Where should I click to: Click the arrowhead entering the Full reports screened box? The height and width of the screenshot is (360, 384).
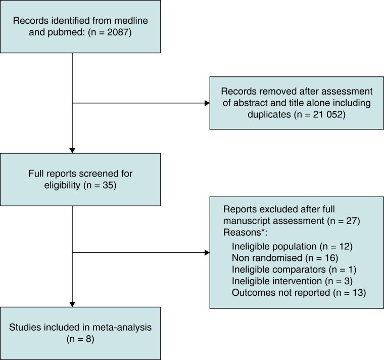pyautogui.click(x=73, y=150)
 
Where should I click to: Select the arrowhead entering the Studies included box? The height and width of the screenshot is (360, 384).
pyautogui.click(x=73, y=303)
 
